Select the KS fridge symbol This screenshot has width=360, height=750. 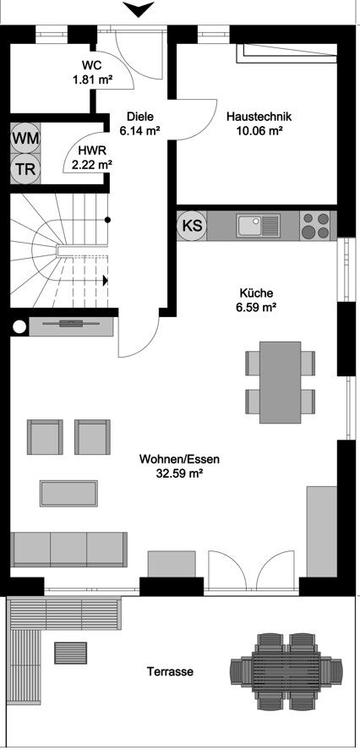tap(192, 226)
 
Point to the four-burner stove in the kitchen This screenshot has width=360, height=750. tap(315, 226)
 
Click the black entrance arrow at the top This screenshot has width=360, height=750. tap(134, 9)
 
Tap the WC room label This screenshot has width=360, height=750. tap(93, 65)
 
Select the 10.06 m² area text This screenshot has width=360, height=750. tap(259, 131)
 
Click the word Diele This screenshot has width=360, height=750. tap(140, 117)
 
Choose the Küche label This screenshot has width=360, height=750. tap(256, 293)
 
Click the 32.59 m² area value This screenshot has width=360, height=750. tap(178, 475)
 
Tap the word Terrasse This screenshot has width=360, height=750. tap(170, 672)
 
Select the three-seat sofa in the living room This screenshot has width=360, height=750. tap(69, 550)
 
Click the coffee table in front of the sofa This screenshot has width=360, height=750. tap(69, 491)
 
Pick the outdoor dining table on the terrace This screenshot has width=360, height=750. tap(286, 670)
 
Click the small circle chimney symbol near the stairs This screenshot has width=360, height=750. tap(18, 327)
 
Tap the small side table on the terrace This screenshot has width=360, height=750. tap(71, 653)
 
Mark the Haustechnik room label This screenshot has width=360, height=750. tap(259, 117)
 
